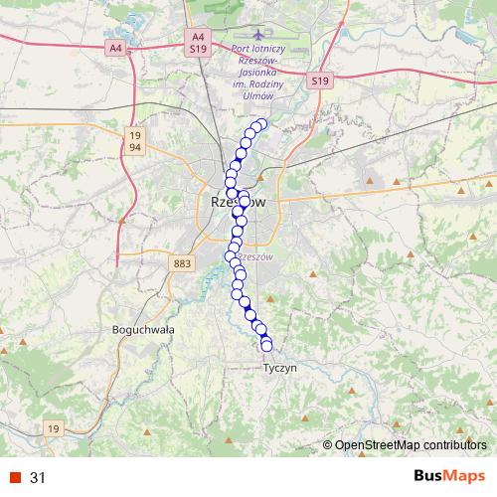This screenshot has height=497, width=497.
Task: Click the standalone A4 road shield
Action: point(116,47)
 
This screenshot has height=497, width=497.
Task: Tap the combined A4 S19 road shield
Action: point(198,41)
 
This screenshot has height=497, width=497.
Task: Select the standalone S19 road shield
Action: point(318,81)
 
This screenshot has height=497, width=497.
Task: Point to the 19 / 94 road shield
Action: point(135,140)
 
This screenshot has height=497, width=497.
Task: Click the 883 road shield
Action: point(182,263)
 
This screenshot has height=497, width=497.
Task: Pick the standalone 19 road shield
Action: point(54,428)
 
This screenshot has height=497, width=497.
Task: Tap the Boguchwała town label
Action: point(144,329)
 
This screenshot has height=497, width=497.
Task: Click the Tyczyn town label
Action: point(279,368)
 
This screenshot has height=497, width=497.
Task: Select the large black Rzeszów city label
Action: point(240,202)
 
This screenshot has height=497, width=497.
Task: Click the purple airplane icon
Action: point(259,37)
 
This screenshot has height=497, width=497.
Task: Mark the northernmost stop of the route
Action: point(262,124)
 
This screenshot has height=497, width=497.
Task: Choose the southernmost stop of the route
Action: point(266,346)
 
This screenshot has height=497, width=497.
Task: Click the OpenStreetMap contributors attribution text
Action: point(410,446)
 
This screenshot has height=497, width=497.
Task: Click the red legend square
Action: point(14,477)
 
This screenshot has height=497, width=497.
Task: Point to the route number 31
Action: point(38,477)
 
